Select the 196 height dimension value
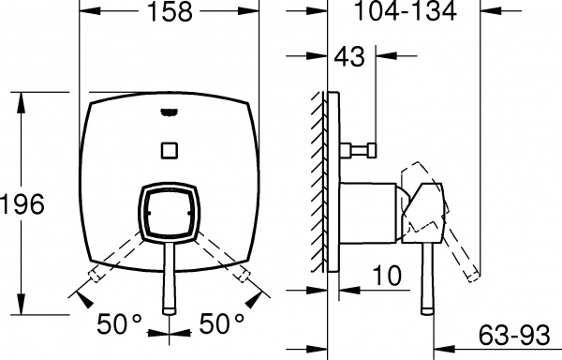(x=23, y=205)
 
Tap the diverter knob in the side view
(x=362, y=149)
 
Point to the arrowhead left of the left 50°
(x=83, y=299)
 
